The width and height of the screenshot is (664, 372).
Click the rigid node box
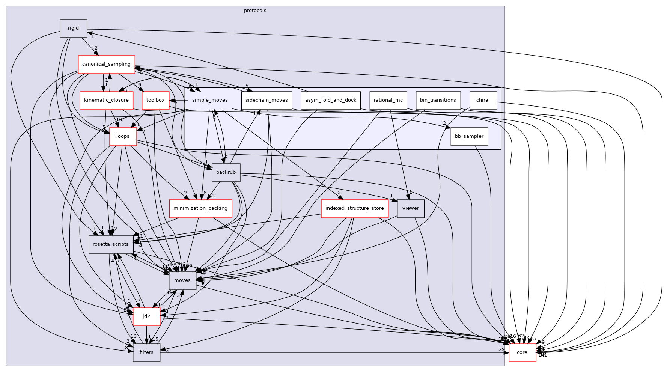(74, 28)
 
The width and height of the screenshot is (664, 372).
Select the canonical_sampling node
(106, 64)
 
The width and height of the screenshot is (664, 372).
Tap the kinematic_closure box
(107, 100)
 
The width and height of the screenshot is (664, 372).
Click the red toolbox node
(155, 100)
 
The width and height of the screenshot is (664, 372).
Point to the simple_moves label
(210, 100)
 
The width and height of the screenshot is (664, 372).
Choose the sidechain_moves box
(267, 100)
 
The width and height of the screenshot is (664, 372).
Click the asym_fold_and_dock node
(331, 100)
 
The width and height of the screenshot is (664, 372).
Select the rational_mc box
(388, 100)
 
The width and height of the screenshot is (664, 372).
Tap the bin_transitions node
(438, 100)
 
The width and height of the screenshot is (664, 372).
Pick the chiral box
(483, 100)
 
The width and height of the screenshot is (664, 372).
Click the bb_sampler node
(469, 136)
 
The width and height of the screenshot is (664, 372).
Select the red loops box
(123, 136)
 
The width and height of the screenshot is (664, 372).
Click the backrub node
(226, 172)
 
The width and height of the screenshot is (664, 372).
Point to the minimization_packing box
(200, 208)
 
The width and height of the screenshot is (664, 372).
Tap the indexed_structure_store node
(355, 208)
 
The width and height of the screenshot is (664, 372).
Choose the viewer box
(411, 208)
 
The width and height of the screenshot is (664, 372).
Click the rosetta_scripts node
(111, 244)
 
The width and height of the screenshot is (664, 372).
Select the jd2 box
(146, 316)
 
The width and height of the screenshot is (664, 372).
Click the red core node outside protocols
(522, 352)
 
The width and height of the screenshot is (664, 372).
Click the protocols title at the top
(255, 11)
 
